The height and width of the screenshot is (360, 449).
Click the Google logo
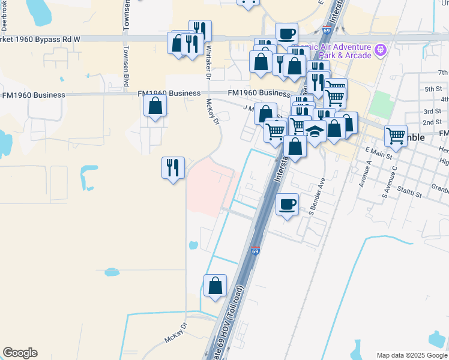point(20,353)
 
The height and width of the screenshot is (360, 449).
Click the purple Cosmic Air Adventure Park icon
point(379,49)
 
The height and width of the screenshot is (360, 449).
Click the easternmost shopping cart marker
point(396,137)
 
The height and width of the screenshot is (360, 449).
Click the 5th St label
point(432,89)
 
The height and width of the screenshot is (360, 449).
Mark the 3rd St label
point(432,112)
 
